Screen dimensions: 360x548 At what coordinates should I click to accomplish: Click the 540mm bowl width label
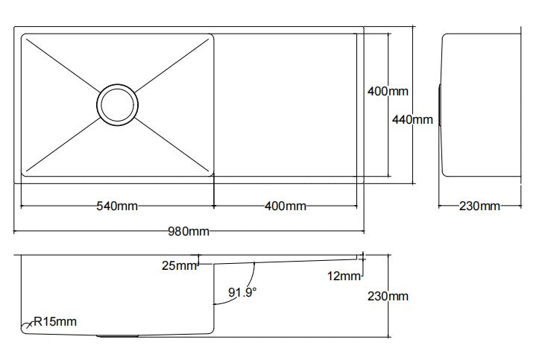[117, 206]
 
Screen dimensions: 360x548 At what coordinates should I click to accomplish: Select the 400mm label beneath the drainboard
[285, 206]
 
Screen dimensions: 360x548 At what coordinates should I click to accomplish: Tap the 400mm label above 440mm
[388, 92]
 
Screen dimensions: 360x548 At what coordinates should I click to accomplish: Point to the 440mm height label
[412, 119]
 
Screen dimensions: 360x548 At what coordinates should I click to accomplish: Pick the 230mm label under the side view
[479, 206]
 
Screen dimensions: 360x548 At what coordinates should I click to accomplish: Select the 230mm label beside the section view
[388, 296]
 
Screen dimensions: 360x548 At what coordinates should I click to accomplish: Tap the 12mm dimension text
[344, 277]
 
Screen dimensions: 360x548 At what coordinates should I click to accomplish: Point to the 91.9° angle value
[242, 293]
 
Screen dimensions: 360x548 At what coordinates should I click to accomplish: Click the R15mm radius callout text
[54, 322]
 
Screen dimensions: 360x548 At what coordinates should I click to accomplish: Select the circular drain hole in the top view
[117, 104]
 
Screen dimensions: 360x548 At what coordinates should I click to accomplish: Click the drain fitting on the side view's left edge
[440, 104]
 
